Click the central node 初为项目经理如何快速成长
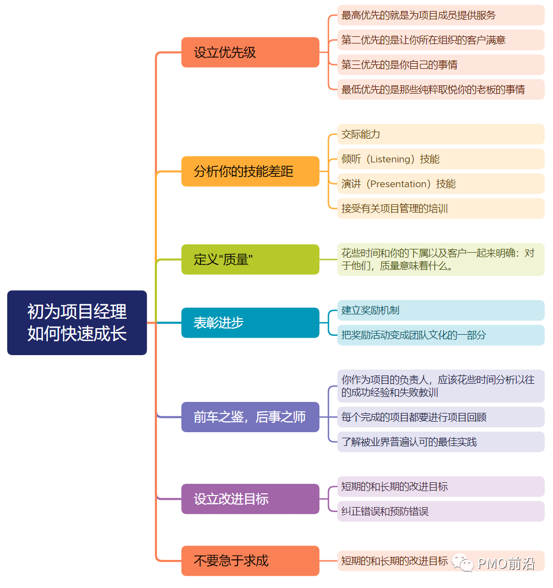tap(77, 323)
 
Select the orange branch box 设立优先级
tap(250, 52)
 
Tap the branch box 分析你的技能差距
tap(250, 171)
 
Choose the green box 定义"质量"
tap(250, 259)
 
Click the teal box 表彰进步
tap(250, 323)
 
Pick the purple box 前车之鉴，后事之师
tap(250, 417)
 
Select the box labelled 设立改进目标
tap(250, 499)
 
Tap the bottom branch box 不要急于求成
tap(250, 560)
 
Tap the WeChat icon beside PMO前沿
tap(463, 562)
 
